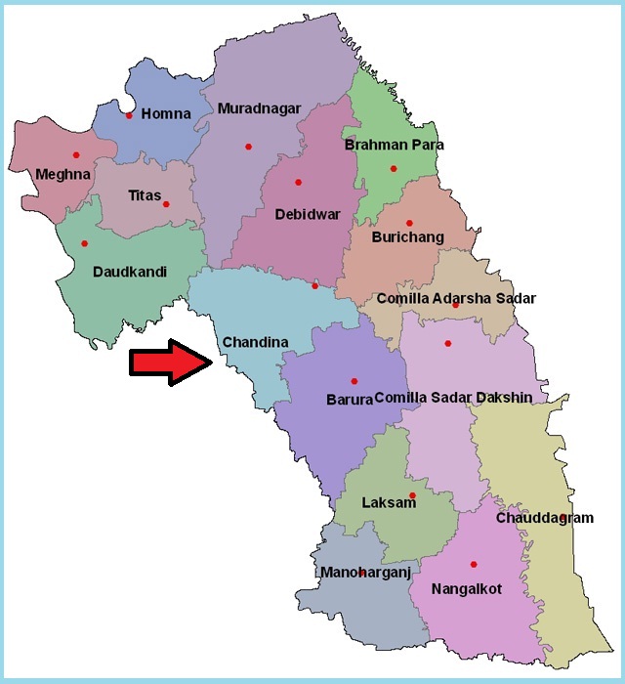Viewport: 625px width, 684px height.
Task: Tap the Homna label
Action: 166,114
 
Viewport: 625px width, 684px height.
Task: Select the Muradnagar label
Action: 260,108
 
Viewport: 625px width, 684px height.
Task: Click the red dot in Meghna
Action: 75,154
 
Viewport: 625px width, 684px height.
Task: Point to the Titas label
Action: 145,195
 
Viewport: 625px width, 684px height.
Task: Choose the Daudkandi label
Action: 130,271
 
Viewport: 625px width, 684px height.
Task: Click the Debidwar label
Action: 308,213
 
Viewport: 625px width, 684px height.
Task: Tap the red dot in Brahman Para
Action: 394,168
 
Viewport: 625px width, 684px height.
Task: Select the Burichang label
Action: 408,237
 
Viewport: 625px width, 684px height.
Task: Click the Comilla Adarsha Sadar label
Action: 456,298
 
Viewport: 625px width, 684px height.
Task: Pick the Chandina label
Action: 255,342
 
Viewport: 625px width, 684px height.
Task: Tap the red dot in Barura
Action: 354,380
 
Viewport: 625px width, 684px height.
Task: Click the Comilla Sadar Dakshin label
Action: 453,398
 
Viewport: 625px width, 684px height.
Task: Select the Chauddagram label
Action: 544,518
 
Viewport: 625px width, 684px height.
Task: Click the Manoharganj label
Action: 366,573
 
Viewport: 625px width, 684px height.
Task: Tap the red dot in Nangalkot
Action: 474,564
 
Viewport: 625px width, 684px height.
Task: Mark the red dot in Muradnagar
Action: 248,147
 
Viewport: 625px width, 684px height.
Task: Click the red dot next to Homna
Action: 129,115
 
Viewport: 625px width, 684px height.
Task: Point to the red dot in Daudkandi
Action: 84,243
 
